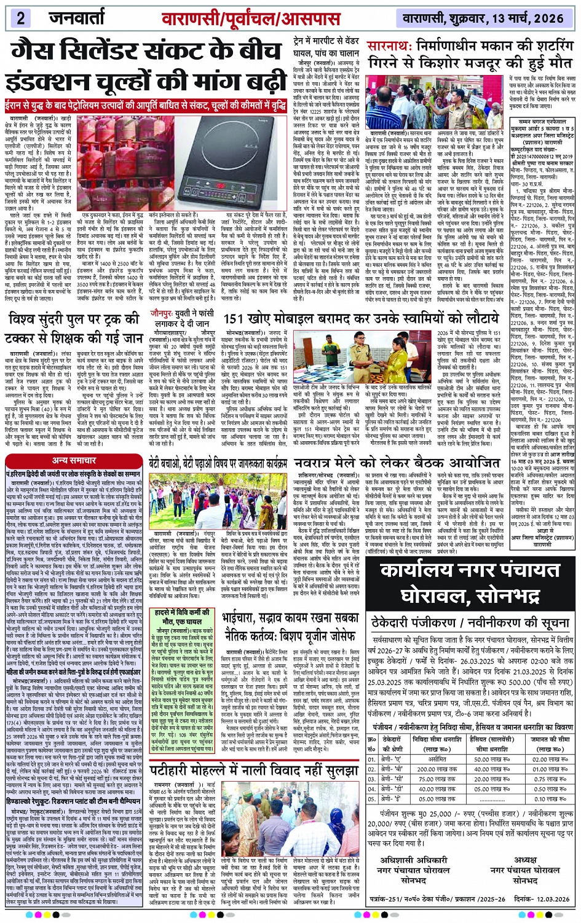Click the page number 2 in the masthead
pos(21,17)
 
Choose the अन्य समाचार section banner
pos(73,460)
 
